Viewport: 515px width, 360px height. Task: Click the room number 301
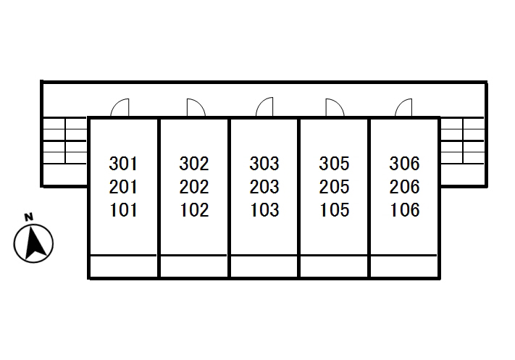click(123, 163)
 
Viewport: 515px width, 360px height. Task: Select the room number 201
click(123, 187)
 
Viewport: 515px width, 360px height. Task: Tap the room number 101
click(123, 211)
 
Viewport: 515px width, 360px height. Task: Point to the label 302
click(193, 163)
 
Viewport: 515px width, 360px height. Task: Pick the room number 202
click(193, 187)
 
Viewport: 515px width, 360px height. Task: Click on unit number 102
click(193, 211)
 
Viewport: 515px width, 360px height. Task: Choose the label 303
click(264, 163)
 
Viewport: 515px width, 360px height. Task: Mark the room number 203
click(264, 187)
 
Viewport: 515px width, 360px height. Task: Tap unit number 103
click(264, 211)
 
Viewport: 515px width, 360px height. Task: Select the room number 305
click(334, 163)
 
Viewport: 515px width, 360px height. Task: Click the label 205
click(334, 187)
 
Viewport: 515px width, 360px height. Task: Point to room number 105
click(334, 211)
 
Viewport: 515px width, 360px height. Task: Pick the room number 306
click(404, 163)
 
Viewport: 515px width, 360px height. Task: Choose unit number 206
click(404, 187)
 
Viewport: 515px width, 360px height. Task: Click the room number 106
click(404, 211)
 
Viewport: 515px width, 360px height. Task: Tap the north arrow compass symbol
click(33, 243)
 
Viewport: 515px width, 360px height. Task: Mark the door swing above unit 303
click(264, 108)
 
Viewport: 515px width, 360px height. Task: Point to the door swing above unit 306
click(404, 108)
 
